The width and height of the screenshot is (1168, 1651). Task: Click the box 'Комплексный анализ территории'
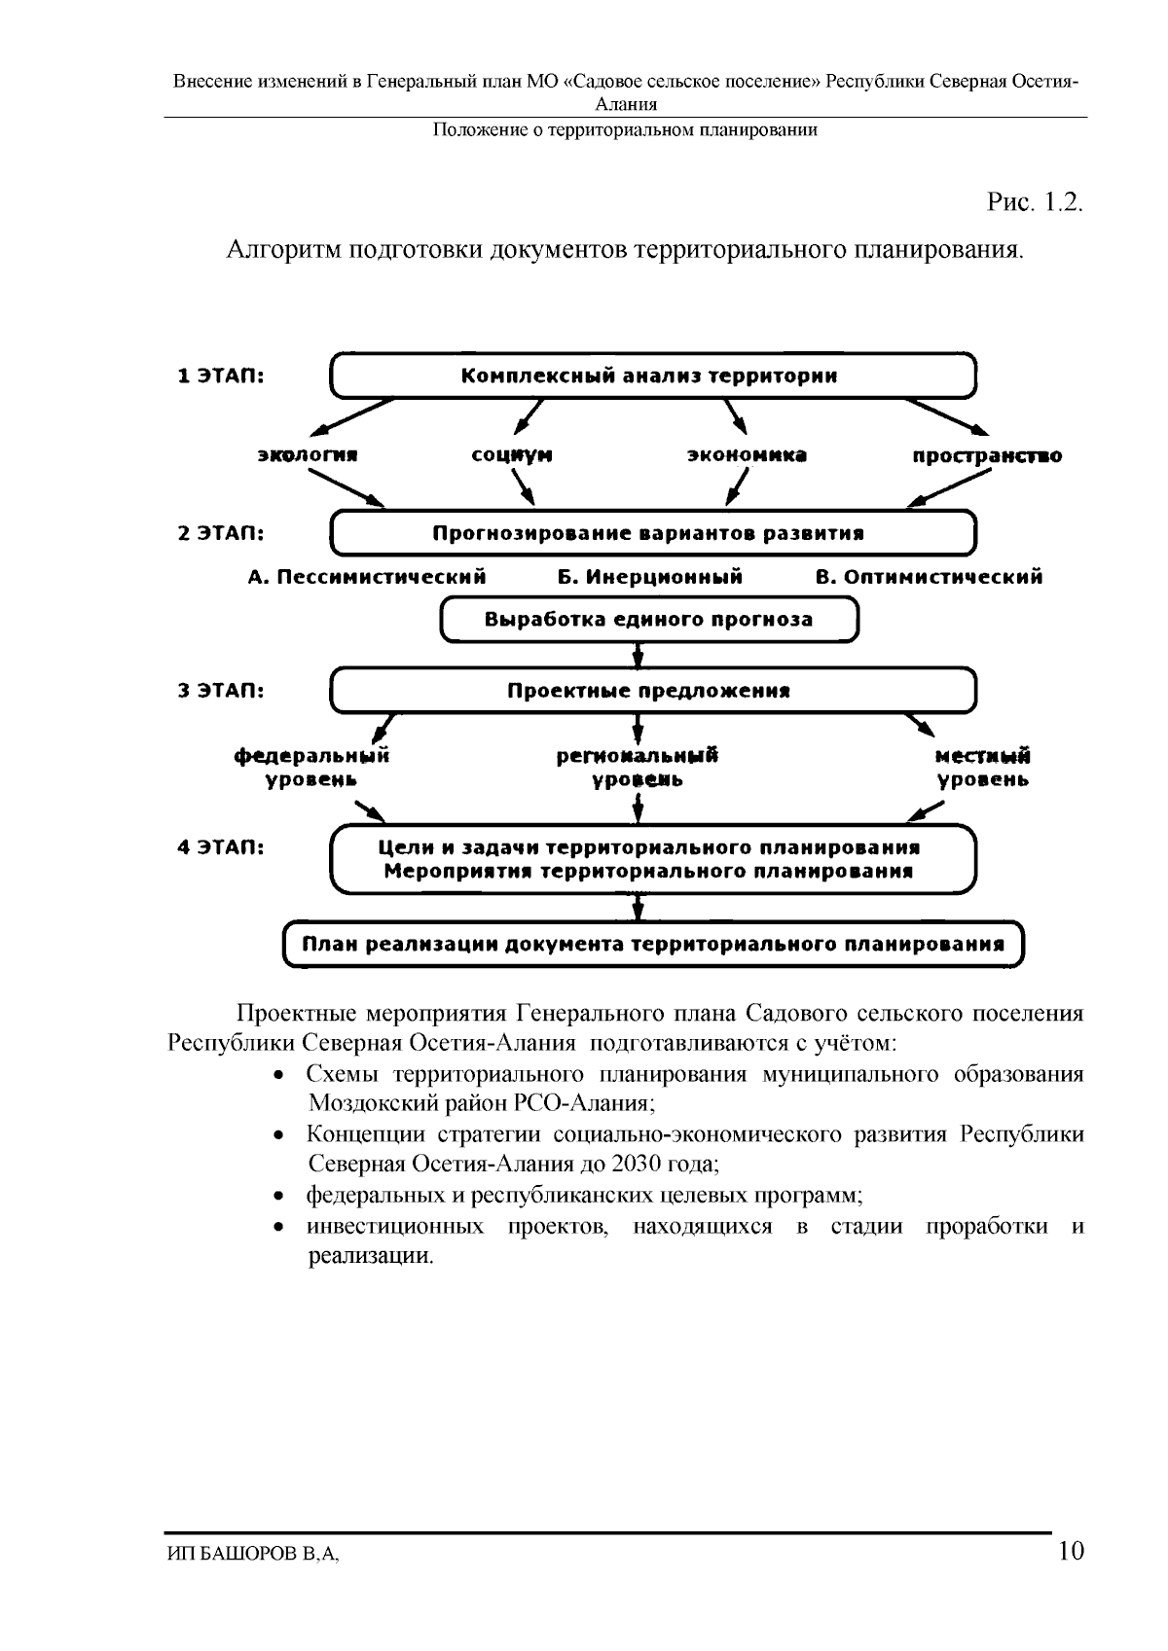coord(653,377)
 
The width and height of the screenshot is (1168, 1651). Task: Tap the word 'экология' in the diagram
coord(308,455)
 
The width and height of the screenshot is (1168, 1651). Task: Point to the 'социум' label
coord(512,455)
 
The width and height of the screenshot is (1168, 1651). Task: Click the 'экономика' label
coord(747,455)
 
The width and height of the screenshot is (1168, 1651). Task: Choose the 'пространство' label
coord(987,455)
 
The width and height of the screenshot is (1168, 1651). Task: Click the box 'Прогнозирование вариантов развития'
coord(653,533)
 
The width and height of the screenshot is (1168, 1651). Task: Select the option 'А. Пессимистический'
coord(367,577)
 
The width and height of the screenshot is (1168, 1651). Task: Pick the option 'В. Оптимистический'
coord(929,577)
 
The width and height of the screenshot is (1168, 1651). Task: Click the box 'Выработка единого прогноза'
coord(649,620)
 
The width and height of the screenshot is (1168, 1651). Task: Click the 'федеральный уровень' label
coord(311,768)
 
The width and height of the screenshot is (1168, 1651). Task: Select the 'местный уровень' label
coord(982,768)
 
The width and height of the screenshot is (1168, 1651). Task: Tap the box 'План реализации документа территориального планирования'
coord(653,944)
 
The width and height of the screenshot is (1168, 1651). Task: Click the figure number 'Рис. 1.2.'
coord(1035,202)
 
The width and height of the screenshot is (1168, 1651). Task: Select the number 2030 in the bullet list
coord(636,1164)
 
